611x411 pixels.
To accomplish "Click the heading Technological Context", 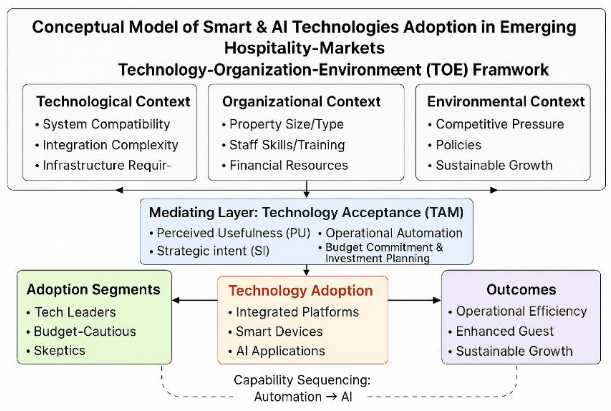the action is pyautogui.click(x=113, y=102).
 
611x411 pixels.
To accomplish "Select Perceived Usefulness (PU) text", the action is pyautogui.click(x=233, y=233).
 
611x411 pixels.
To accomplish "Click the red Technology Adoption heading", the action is pyautogui.click(x=300, y=291).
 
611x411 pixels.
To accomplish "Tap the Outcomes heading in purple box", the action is pyautogui.click(x=521, y=290).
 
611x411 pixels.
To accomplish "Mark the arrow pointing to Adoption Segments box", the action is pyautogui.click(x=195, y=300).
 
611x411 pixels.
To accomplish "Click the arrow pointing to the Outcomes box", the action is pyautogui.click(x=414, y=300).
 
